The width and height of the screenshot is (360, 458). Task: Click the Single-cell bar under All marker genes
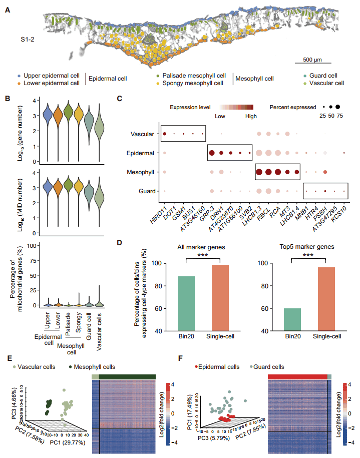point(221,298)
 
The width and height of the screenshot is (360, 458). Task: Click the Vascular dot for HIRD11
point(165,134)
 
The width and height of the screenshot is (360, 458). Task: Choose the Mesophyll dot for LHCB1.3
point(259,172)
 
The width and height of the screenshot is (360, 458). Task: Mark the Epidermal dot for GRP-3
point(211,153)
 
